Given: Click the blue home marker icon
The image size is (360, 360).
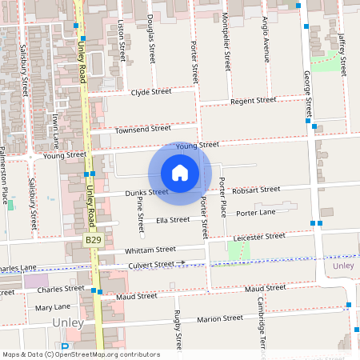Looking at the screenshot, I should [x=180, y=172].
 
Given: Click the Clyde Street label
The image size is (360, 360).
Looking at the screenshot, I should [x=152, y=92].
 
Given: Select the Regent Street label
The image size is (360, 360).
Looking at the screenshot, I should [x=252, y=101].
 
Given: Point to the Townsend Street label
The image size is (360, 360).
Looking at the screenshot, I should [x=143, y=129].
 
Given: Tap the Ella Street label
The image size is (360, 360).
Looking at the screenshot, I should [x=173, y=219].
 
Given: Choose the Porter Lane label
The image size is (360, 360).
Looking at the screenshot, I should [x=256, y=213].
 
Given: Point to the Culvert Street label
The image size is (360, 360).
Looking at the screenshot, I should [x=152, y=263].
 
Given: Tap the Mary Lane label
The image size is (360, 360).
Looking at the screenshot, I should [x=53, y=306].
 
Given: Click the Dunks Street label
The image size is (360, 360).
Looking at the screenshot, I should [x=147, y=192].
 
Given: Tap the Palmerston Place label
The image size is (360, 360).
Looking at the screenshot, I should [x=4, y=175].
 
